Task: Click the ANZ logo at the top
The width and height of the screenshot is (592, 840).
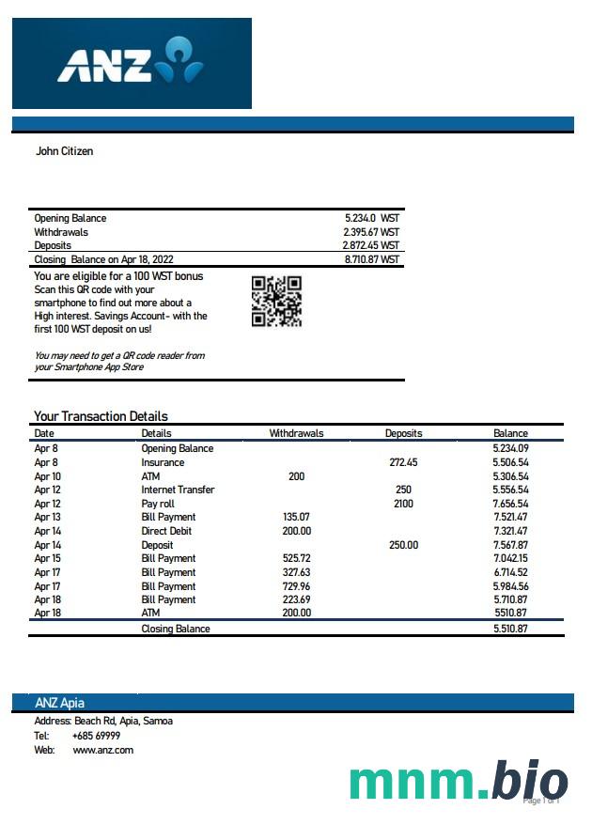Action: [131, 63]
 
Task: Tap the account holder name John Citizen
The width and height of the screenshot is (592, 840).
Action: [64, 150]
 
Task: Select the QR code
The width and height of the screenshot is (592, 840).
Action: [276, 301]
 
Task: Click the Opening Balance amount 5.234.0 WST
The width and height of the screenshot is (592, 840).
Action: [371, 218]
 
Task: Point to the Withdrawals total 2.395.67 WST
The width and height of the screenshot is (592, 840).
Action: [371, 232]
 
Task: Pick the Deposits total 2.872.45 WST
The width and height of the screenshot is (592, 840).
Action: [371, 245]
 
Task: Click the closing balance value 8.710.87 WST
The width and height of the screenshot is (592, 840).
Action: [371, 259]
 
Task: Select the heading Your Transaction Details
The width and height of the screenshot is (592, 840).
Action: [101, 416]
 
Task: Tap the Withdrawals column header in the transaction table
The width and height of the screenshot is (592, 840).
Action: [296, 433]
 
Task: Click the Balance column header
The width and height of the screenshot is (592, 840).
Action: [510, 433]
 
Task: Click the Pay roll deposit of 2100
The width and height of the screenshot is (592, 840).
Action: [403, 504]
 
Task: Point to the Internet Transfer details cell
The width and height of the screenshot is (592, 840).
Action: [178, 490]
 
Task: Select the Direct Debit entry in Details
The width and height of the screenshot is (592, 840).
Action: [168, 531]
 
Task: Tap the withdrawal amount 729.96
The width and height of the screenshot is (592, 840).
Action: [296, 585]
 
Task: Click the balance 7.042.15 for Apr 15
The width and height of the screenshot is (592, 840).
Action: [510, 558]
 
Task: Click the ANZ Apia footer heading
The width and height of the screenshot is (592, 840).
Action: [60, 703]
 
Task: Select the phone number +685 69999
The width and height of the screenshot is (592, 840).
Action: [96, 736]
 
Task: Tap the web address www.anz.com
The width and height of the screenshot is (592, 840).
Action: [102, 750]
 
